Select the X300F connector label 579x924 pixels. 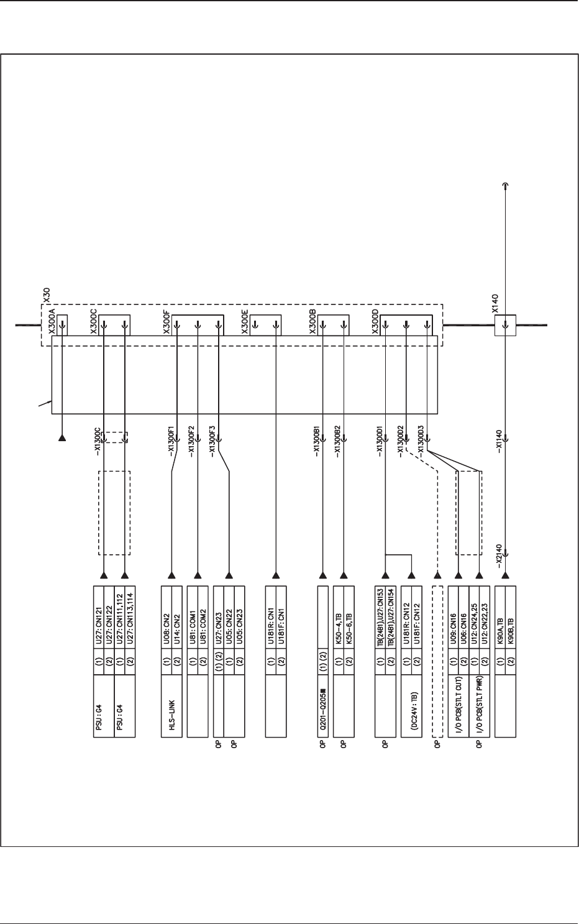tap(166, 324)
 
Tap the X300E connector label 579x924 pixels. tap(245, 324)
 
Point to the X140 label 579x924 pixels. tap(495, 303)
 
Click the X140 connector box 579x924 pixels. tap(505, 324)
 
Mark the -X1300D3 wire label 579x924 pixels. tap(421, 442)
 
